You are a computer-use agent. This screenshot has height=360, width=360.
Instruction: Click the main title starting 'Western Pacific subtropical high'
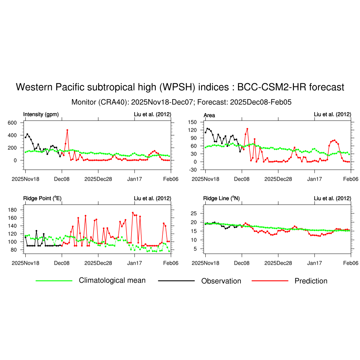click(x=180, y=87)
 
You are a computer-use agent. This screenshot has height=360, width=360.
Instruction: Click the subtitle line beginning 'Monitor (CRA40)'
click(x=181, y=102)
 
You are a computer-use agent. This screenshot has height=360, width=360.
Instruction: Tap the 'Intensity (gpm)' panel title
click(x=41, y=114)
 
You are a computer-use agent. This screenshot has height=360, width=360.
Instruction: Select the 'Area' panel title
click(x=209, y=115)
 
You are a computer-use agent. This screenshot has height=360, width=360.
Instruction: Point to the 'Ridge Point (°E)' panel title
click(x=42, y=198)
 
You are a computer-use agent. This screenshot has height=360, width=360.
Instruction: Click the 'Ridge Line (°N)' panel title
click(x=221, y=198)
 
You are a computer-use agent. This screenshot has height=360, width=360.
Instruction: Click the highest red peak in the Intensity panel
click(x=67, y=130)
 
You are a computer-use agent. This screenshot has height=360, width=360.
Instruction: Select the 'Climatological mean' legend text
click(x=112, y=280)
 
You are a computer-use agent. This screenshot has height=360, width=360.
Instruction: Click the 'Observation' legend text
click(x=221, y=281)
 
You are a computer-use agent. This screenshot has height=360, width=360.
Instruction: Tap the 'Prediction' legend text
click(x=311, y=281)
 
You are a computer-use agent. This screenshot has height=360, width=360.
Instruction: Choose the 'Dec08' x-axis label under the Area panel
click(x=242, y=179)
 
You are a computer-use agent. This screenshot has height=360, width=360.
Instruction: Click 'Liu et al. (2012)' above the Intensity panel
click(x=153, y=114)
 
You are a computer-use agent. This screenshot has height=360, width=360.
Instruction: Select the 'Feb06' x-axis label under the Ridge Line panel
click(x=351, y=263)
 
